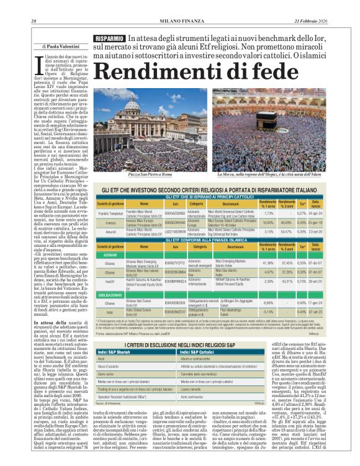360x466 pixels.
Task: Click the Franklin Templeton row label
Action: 110,214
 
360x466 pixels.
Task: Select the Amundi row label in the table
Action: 110,231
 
